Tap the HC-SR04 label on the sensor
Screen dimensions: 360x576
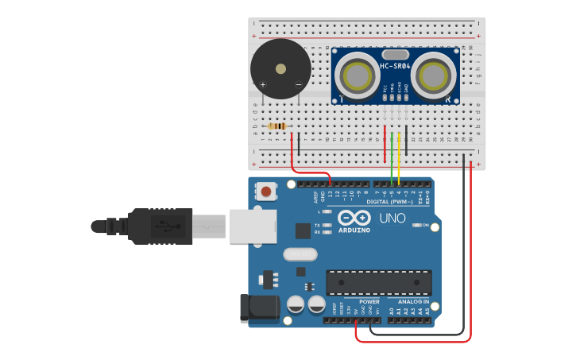click(x=395, y=67)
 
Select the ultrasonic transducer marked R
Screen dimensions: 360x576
click(x=434, y=75)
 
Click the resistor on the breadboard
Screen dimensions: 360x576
click(x=277, y=126)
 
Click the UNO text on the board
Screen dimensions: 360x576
click(x=392, y=218)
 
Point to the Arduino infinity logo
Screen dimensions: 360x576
click(x=354, y=217)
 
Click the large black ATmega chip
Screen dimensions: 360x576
click(x=379, y=282)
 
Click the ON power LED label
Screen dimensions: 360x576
click(x=425, y=225)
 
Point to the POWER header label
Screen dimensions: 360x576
click(x=369, y=302)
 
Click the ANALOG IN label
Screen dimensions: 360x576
click(x=413, y=302)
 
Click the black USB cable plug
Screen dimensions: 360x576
click(x=159, y=226)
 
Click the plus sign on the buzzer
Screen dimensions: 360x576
click(x=263, y=84)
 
